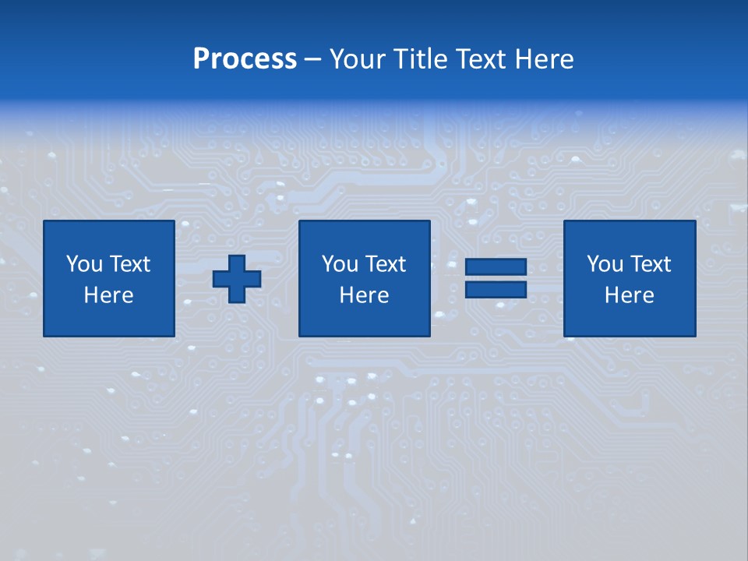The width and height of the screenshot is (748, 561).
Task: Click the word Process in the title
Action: (x=245, y=59)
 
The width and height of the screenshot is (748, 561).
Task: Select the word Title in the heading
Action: (x=420, y=59)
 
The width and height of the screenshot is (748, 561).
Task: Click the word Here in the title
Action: (x=545, y=59)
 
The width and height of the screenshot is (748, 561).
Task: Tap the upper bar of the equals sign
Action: (x=496, y=267)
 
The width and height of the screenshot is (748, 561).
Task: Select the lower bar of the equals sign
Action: (x=496, y=289)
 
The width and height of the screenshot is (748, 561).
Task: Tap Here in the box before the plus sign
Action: (x=108, y=295)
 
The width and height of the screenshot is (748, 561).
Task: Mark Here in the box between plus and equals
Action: (x=364, y=295)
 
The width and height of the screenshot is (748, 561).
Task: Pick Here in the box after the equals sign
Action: (x=629, y=295)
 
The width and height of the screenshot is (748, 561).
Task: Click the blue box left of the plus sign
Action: (x=108, y=319)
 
